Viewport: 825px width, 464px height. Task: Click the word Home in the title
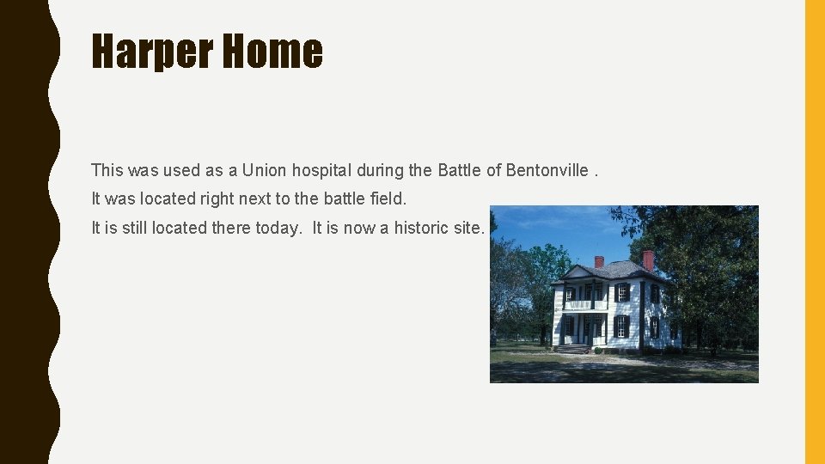click(272, 52)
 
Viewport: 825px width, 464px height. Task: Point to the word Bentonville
click(546, 170)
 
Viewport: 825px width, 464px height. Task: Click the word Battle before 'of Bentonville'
click(460, 170)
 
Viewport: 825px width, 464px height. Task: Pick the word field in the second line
click(388, 198)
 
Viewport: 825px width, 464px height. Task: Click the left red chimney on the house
click(599, 261)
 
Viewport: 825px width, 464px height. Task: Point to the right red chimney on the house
click(648, 259)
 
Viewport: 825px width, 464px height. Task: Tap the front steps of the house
click(571, 349)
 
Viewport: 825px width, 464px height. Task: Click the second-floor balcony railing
click(578, 305)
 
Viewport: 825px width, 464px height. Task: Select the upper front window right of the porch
click(621, 292)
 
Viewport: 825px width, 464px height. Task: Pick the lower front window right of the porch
click(621, 327)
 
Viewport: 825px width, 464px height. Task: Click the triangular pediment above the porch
click(578, 274)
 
